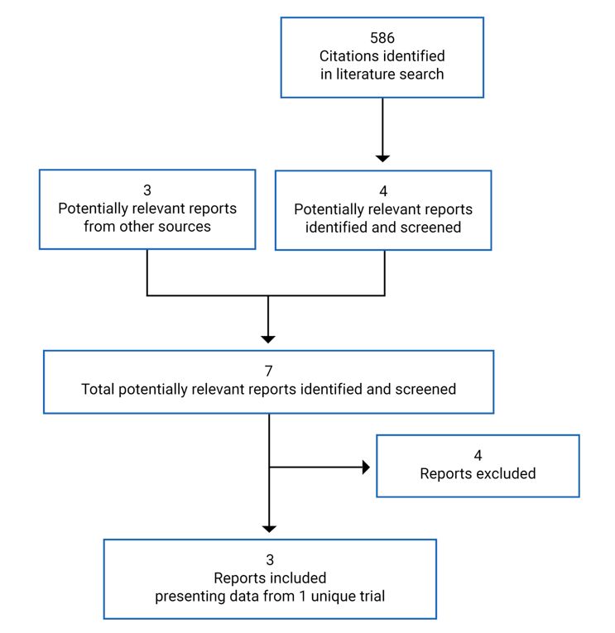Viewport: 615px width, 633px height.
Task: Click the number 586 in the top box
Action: click(x=382, y=38)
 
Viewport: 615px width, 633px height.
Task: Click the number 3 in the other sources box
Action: click(x=147, y=190)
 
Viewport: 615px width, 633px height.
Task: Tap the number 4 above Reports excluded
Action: click(x=478, y=456)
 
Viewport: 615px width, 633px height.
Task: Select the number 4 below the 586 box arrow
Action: click(x=383, y=191)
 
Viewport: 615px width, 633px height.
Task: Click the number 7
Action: click(x=268, y=371)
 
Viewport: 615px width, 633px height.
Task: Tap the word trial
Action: click(x=368, y=596)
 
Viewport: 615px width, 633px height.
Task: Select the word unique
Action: click(x=324, y=596)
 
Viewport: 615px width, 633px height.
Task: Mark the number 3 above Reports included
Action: click(x=270, y=560)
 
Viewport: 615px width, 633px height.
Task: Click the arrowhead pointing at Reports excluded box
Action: click(x=365, y=468)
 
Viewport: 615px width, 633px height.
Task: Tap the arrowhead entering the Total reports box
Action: click(x=268, y=338)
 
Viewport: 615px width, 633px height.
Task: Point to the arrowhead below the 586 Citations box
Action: click(x=382, y=157)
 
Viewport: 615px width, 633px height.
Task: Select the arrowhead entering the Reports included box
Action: click(x=269, y=528)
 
